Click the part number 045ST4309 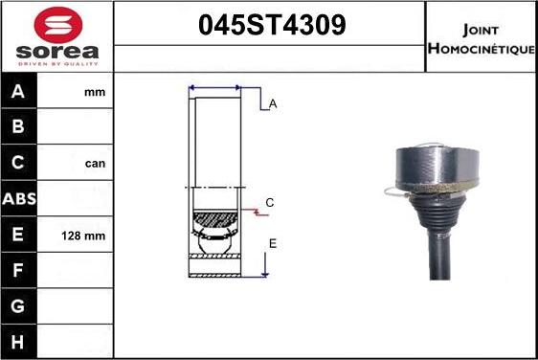272,25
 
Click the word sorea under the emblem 57,52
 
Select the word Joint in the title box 481,31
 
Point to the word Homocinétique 482,49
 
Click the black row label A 18,91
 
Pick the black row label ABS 19,199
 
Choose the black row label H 18,342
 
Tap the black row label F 18,270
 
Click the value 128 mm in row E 83,236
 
